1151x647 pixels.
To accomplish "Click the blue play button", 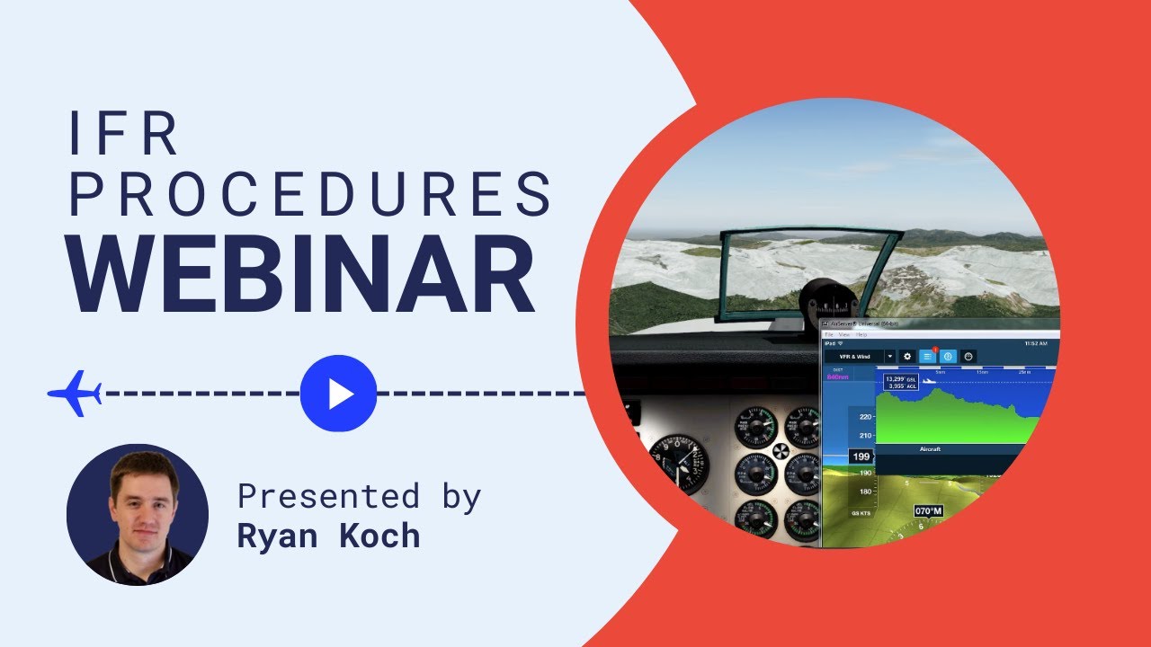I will [x=338, y=394].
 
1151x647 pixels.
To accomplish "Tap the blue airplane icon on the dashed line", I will [x=75, y=393].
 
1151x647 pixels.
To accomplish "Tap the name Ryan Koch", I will [x=328, y=536].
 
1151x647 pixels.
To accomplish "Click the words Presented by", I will [x=359, y=496].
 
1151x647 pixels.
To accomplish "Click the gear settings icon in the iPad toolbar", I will [x=906, y=357].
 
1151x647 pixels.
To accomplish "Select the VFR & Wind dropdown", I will [x=860, y=357].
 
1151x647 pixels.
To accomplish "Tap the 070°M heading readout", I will [x=929, y=511].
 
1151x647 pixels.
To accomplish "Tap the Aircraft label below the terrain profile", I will [x=930, y=448].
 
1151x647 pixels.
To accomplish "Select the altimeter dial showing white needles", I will [x=680, y=464].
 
